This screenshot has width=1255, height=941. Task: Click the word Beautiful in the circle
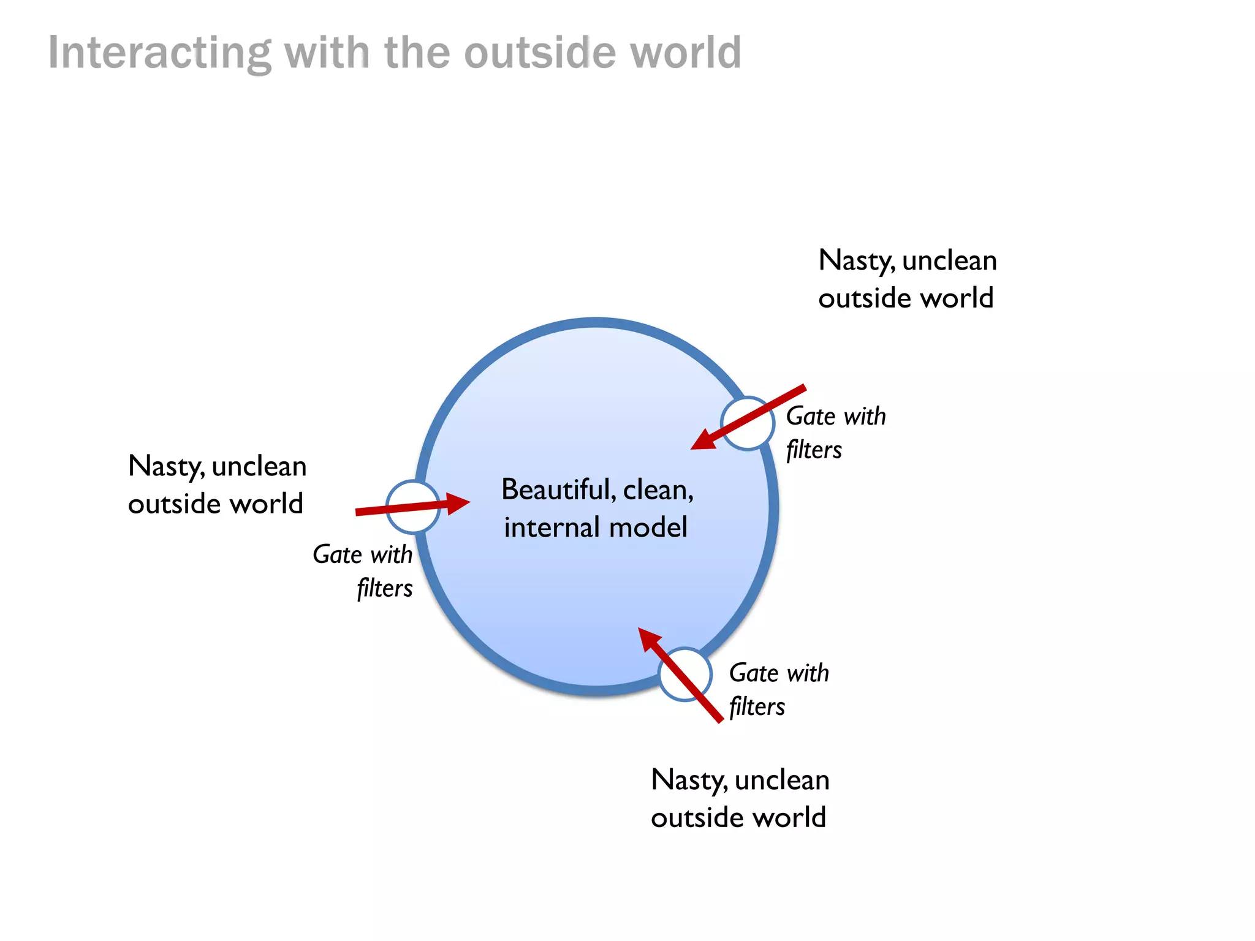click(558, 490)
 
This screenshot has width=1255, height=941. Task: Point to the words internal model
click(596, 527)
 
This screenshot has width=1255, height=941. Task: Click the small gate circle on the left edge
click(412, 507)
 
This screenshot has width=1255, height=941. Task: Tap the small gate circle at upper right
click(747, 423)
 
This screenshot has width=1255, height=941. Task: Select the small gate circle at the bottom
click(685, 674)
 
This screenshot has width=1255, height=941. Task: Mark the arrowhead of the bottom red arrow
click(648, 639)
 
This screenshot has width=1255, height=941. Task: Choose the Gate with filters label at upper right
click(836, 433)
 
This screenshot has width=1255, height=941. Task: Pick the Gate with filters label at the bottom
click(779, 689)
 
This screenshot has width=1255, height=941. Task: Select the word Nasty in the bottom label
click(689, 780)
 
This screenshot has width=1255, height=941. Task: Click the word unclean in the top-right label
click(949, 261)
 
